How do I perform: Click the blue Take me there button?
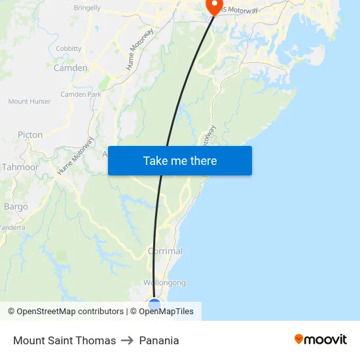click(180, 160)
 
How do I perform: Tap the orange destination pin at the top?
click(214, 7)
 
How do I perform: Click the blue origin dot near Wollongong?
click(154, 304)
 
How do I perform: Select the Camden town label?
click(70, 68)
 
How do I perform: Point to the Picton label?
click(30, 135)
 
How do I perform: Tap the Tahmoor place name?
click(20, 167)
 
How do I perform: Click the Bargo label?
click(16, 207)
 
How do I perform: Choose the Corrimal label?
click(165, 251)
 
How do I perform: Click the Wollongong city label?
click(164, 283)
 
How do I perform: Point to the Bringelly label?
click(87, 8)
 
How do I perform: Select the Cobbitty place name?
click(69, 48)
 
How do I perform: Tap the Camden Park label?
click(81, 94)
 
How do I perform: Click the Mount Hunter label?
click(29, 101)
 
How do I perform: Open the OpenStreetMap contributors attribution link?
click(70, 312)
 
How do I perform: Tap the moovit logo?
click(321, 339)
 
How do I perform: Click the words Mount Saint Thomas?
click(64, 340)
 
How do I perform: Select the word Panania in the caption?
click(159, 340)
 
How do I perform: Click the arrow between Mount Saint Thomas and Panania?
click(127, 340)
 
